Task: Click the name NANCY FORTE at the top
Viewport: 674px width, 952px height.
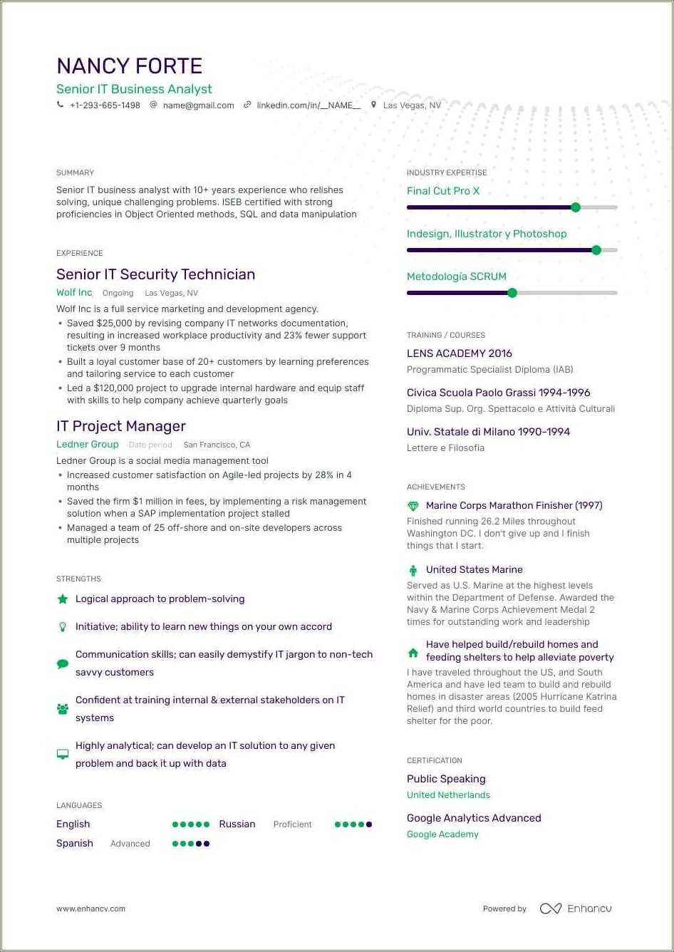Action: point(130,66)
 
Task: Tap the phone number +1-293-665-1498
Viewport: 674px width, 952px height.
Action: point(105,105)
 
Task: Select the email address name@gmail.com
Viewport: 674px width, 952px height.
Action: point(198,105)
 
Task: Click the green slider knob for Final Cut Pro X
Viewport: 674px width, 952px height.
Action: point(576,207)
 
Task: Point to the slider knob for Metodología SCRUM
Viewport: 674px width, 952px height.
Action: point(512,293)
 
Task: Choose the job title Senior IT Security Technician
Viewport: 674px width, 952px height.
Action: point(155,274)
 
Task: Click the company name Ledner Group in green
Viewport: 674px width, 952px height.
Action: point(88,445)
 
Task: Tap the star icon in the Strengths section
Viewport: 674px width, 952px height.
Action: point(63,599)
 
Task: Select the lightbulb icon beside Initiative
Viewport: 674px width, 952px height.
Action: point(63,627)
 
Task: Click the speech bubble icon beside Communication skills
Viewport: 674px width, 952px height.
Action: point(63,663)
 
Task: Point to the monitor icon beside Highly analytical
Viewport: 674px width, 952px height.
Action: point(63,755)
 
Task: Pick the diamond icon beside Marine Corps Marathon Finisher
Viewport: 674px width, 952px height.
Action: point(413,506)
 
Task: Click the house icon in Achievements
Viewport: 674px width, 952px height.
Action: point(413,652)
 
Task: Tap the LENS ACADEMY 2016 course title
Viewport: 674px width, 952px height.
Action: point(459,353)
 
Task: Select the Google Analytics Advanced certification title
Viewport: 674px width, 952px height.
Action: point(474,818)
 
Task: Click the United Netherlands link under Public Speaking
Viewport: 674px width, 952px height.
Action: point(448,795)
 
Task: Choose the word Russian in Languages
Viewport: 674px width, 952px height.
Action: point(237,824)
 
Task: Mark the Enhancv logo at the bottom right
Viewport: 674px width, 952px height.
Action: point(576,909)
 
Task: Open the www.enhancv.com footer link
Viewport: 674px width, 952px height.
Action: point(90,909)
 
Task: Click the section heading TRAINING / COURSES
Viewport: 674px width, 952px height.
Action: point(445,335)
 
